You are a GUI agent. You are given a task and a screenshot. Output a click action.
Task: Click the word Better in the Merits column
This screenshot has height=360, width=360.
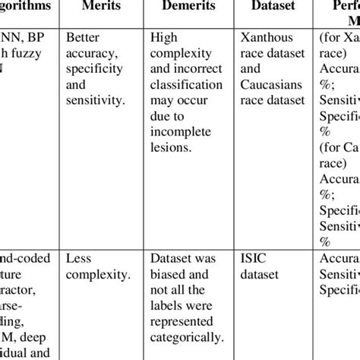click(x=83, y=36)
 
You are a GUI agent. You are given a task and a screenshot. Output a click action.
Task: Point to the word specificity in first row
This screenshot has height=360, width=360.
click(x=94, y=70)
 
